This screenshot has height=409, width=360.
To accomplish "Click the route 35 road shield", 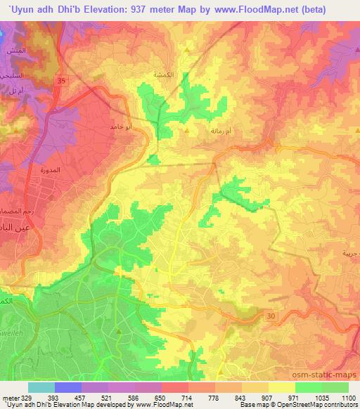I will pyautogui.click(x=61, y=82).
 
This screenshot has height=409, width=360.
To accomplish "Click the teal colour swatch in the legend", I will pyautogui.click(x=41, y=387).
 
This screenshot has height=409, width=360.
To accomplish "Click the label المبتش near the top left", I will pyautogui.click(x=14, y=51).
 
